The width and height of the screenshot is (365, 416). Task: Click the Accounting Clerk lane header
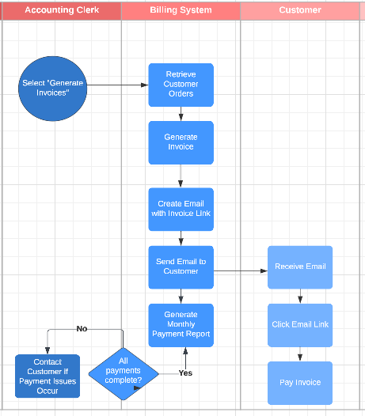click(x=61, y=10)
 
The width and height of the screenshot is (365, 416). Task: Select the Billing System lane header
click(x=181, y=10)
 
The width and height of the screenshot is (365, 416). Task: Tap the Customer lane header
click(x=300, y=10)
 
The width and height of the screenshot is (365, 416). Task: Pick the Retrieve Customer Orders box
click(x=181, y=85)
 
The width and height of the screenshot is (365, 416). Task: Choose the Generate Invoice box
click(x=181, y=142)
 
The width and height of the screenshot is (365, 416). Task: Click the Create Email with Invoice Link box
click(x=181, y=209)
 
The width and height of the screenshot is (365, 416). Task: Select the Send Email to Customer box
click(x=181, y=267)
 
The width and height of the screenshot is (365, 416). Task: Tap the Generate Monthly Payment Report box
click(x=181, y=325)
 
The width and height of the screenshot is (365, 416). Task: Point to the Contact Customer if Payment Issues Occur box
click(x=48, y=376)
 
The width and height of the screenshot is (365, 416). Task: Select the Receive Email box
click(x=299, y=267)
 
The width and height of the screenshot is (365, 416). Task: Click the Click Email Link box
click(x=299, y=325)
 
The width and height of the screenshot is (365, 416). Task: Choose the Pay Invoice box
click(x=299, y=383)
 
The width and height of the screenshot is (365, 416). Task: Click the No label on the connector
click(x=82, y=328)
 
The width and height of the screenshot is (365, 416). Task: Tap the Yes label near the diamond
click(x=185, y=373)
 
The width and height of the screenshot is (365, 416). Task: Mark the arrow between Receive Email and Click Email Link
click(x=299, y=297)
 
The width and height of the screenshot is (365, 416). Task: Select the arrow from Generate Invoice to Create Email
click(x=181, y=176)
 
